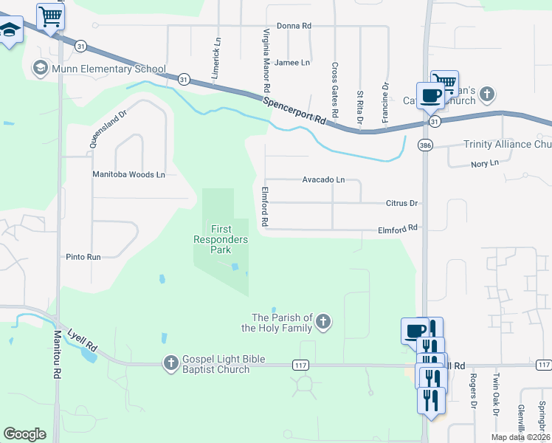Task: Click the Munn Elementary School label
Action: pos(108,69)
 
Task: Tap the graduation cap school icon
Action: pos(9,31)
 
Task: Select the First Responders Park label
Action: pos(221,239)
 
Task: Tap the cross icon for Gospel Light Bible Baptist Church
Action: pos(170,363)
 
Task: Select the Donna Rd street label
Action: pos(294,26)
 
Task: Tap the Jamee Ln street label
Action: pos(292,63)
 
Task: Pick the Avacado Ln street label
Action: pos(323,179)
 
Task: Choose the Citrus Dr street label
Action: pos(401,203)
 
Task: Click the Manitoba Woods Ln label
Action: pos(128,175)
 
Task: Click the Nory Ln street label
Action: pos(485,163)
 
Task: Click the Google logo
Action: pos(25,433)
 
